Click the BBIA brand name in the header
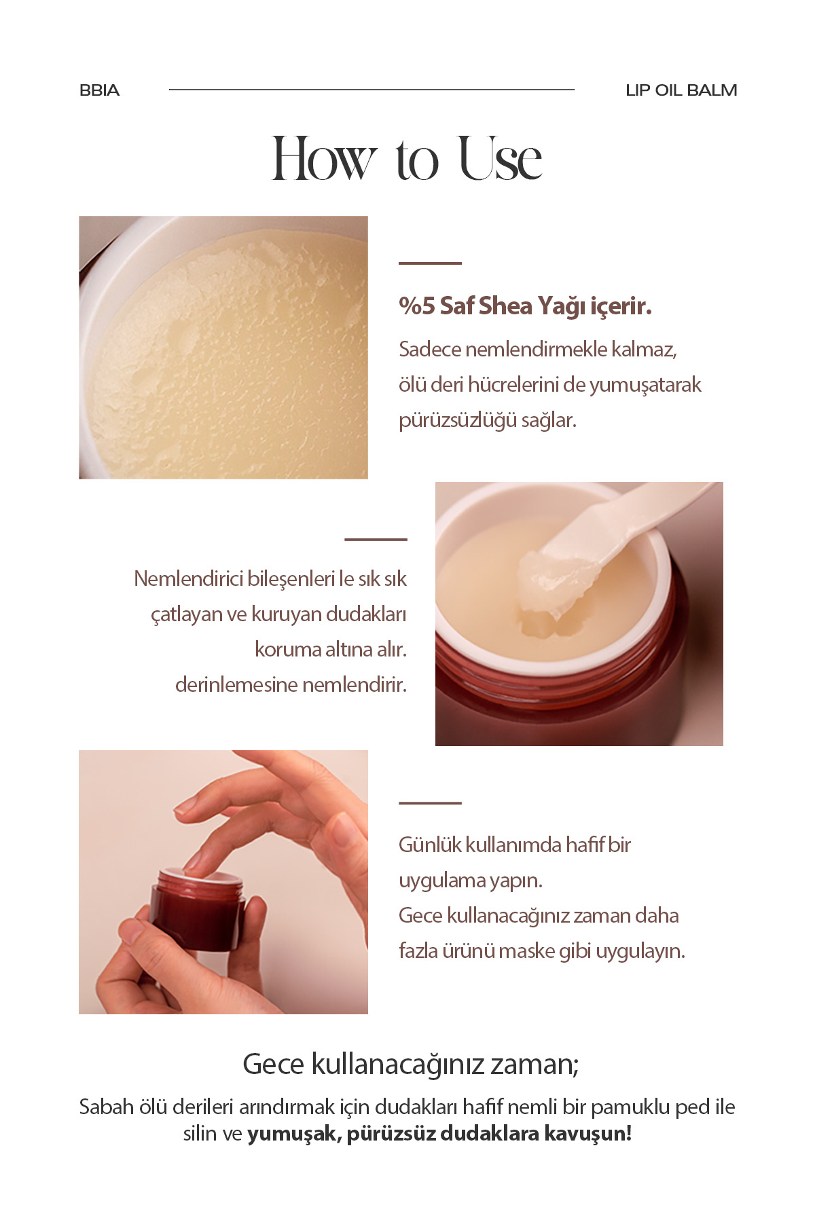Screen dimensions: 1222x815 coord(99,90)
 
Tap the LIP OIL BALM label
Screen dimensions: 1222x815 coord(681,90)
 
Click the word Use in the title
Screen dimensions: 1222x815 coord(501,160)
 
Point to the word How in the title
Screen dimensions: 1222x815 coord(324,160)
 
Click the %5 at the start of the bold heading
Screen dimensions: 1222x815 coord(416,306)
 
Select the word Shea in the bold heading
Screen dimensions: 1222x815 coord(505,306)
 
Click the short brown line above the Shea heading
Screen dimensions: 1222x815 coord(430,263)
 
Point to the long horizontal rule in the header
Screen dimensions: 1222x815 coord(372,89)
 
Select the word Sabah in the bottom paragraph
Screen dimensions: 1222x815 coord(107,1107)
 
